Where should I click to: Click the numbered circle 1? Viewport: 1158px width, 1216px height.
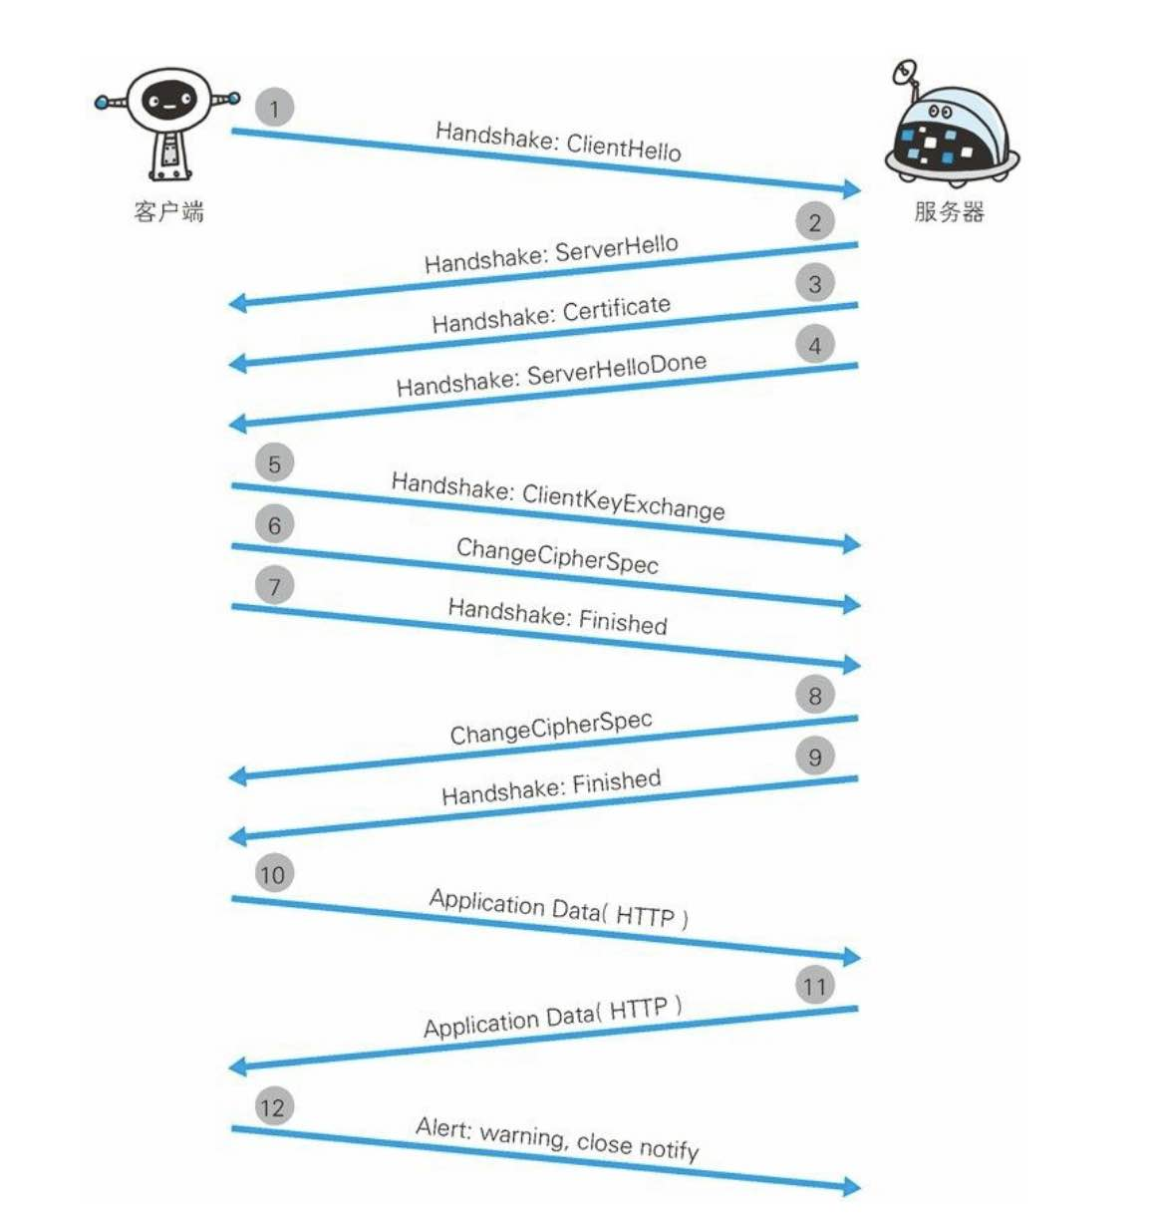(274, 108)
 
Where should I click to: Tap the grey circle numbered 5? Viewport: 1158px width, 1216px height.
(274, 463)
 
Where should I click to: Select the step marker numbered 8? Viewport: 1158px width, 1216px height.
(814, 695)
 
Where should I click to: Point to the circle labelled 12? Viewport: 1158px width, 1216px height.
(272, 1107)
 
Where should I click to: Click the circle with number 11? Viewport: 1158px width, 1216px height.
(814, 987)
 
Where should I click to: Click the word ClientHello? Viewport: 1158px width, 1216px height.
(624, 149)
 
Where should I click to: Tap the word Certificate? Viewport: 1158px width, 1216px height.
(616, 309)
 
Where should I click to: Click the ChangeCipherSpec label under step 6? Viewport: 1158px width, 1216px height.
(557, 556)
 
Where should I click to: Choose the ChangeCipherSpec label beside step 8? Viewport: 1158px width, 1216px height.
(551, 728)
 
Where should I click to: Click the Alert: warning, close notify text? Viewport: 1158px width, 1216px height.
(557, 1139)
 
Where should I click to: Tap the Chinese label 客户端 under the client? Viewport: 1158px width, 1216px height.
(168, 211)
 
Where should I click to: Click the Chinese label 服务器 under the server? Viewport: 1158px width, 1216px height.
(949, 211)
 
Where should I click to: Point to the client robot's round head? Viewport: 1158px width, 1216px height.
(168, 100)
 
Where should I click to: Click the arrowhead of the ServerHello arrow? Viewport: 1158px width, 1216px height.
(237, 302)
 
